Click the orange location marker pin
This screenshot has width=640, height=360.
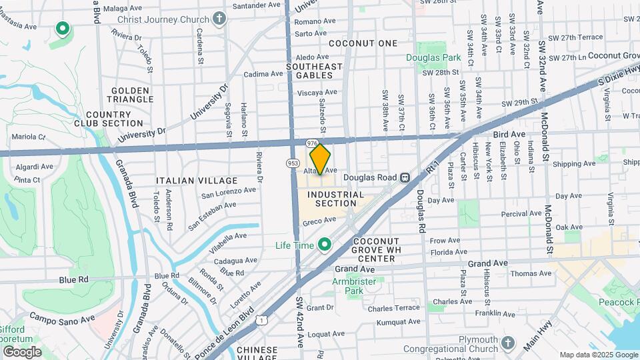pos(321,159)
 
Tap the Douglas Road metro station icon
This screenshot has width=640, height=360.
pos(405,177)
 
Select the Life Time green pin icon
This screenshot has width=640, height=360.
pos(325,245)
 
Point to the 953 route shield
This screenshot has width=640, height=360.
pos(293,162)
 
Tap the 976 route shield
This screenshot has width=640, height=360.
pos(311,143)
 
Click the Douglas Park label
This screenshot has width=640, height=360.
pos(434,58)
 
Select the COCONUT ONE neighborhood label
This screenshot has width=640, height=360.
pos(363,43)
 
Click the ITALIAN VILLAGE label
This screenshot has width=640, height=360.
pos(197,181)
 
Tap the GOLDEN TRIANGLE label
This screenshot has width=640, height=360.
pos(132,95)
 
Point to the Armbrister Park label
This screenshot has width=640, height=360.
pos(355,286)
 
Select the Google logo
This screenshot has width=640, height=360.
pos(21,351)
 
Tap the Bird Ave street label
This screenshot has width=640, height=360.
pos(506,135)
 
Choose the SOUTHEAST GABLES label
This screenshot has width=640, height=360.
pos(314,71)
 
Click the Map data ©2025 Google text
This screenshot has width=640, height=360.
pos(598,355)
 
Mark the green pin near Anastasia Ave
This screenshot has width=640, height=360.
pos(63,29)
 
